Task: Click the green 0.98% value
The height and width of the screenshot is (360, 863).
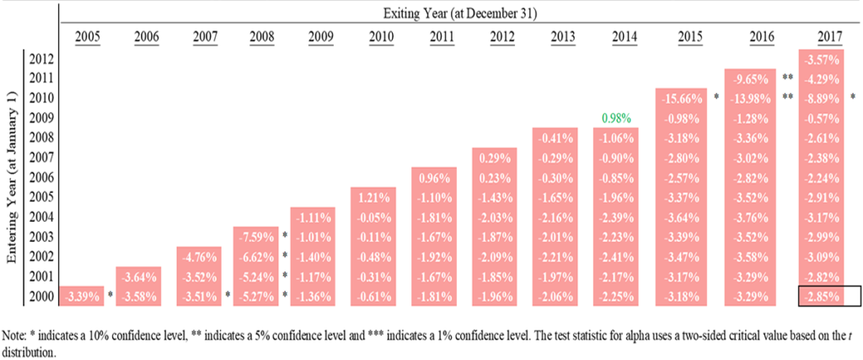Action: [x=615, y=118]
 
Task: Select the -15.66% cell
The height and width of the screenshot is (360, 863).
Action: [x=683, y=97]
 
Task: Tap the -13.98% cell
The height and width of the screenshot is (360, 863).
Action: [x=750, y=98]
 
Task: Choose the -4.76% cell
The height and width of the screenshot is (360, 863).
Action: [x=198, y=256]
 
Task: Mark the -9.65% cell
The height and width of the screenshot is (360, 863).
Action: [x=750, y=78]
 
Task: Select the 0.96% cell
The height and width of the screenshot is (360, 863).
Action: [x=434, y=178]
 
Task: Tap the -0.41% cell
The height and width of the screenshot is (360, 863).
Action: [x=554, y=137]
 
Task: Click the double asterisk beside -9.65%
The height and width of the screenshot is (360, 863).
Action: [x=789, y=78]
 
